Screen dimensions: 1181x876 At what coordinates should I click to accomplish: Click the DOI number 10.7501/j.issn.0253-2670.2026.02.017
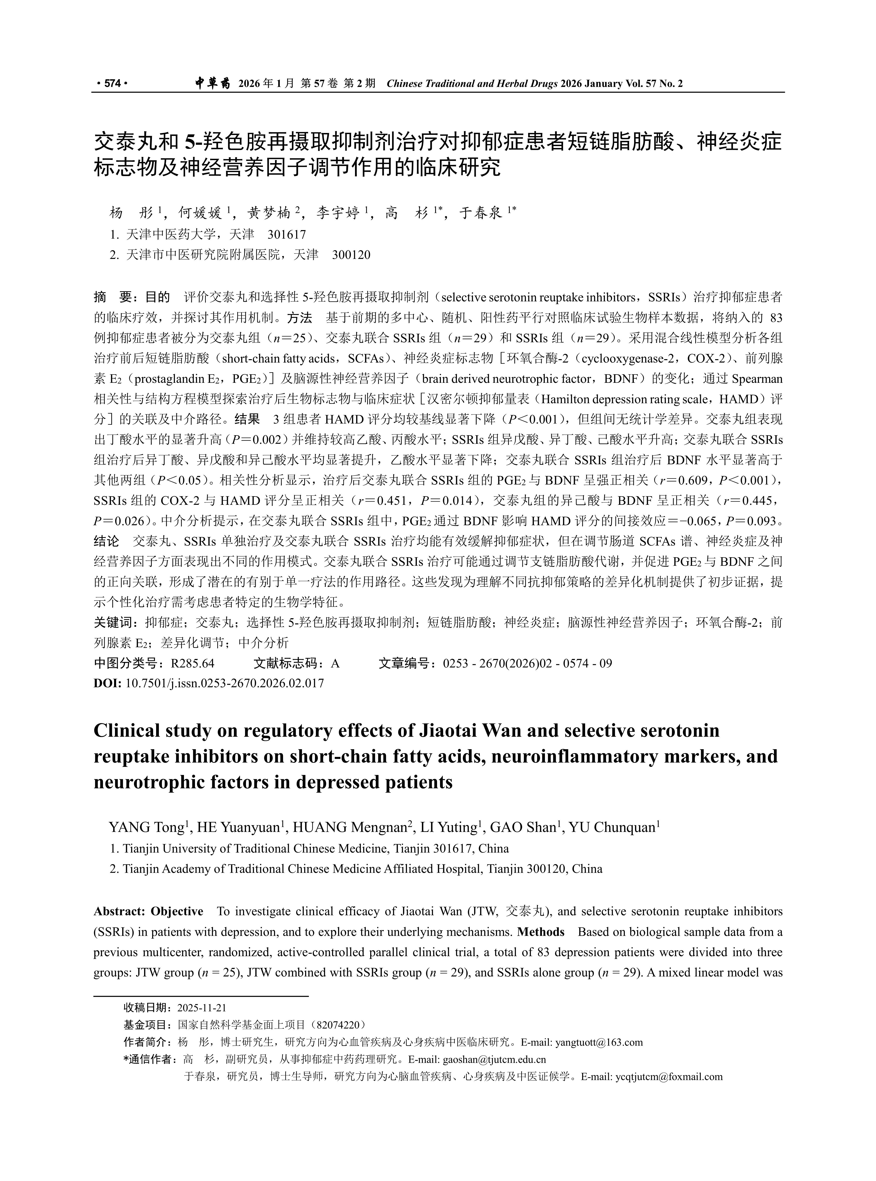click(x=224, y=683)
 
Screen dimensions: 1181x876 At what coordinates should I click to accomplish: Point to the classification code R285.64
click(x=192, y=663)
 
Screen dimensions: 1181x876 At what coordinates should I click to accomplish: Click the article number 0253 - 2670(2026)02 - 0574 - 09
click(x=528, y=663)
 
